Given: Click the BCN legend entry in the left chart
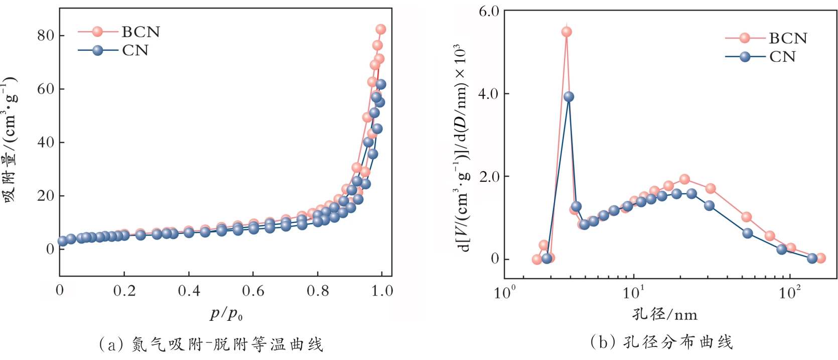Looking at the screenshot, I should (140, 32).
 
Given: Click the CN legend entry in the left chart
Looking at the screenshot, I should (134, 51).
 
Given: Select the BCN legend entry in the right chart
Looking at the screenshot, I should (787, 38).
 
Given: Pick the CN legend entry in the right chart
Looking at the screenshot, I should (782, 57).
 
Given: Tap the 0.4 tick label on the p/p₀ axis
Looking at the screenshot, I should (189, 291).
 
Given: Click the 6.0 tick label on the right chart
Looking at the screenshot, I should (489, 11).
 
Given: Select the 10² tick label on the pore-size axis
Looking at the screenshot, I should (789, 293).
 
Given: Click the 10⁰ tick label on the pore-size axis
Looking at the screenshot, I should (505, 293).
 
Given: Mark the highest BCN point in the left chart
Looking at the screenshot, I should (381, 29).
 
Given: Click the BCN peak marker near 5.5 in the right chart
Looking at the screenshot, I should (567, 32).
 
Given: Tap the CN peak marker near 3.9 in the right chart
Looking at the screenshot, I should (569, 96).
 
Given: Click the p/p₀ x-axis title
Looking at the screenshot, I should (226, 314).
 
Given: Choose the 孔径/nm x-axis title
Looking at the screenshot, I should (664, 314).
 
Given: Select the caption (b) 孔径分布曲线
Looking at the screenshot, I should (661, 342).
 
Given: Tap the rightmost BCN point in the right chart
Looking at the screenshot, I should (820, 258).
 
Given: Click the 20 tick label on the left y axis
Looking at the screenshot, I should (46, 195).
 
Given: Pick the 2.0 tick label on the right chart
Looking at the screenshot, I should (489, 177).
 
